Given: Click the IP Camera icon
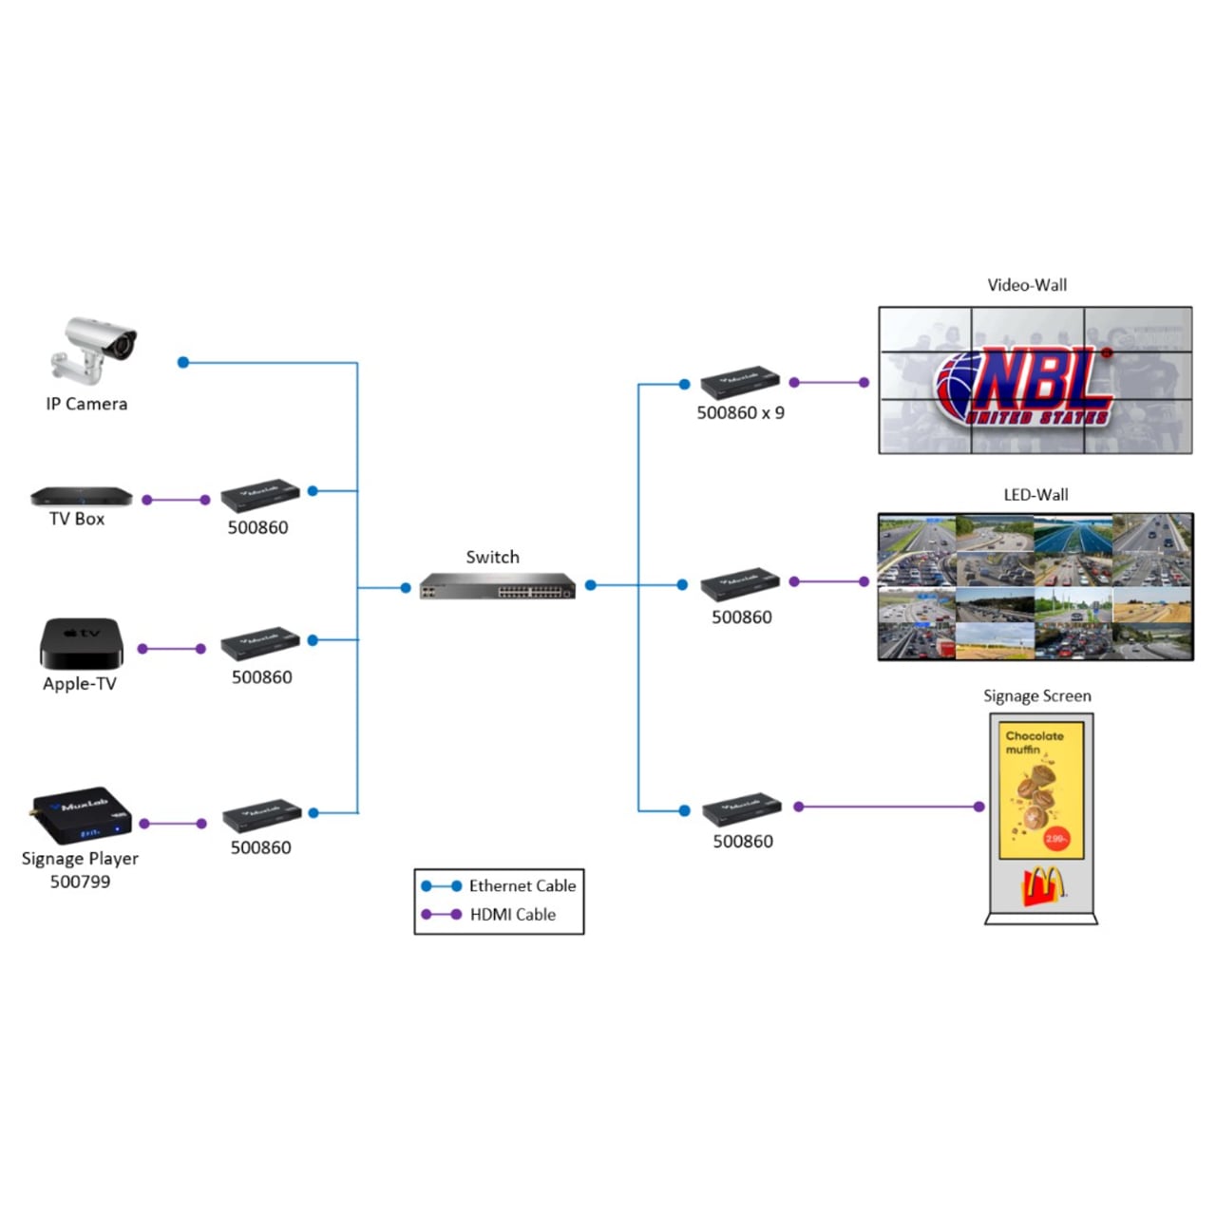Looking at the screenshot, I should point(94,350).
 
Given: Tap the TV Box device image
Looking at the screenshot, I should point(81,496).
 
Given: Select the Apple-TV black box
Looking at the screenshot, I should point(81,643).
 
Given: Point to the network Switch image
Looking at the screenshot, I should point(498,586).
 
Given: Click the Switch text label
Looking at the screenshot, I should point(492,557).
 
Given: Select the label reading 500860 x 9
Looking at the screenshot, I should point(740,412).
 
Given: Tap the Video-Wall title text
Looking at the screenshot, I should point(1027,285).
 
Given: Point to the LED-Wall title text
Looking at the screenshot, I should point(1035,495).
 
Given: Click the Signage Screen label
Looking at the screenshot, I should point(1036,696).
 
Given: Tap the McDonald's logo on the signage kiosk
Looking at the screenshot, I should point(1042,887).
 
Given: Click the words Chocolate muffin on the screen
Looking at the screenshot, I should point(1034,742).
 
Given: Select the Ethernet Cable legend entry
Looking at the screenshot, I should point(522,885).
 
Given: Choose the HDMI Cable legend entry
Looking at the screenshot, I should point(512,914).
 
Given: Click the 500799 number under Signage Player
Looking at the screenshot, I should point(80,882).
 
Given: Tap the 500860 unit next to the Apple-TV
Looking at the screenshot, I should point(260,643).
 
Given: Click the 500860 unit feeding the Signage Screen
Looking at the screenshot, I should point(742,808).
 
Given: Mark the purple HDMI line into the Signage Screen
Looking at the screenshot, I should point(888,807).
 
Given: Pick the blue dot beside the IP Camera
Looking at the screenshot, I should point(183,362).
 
